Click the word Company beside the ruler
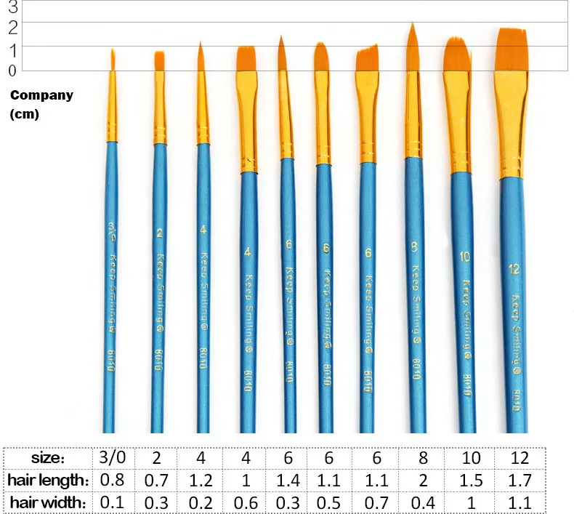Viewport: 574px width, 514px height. click(x=41, y=95)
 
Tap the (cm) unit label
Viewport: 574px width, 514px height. click(x=25, y=114)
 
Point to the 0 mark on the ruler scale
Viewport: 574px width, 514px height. click(x=12, y=70)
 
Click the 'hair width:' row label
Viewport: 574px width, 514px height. click(x=49, y=502)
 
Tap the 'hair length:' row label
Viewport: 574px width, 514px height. click(x=49, y=480)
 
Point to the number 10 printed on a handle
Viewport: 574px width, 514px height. click(x=465, y=257)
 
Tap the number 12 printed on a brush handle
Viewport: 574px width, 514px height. click(x=514, y=270)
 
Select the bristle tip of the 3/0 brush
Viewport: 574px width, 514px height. click(x=113, y=52)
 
